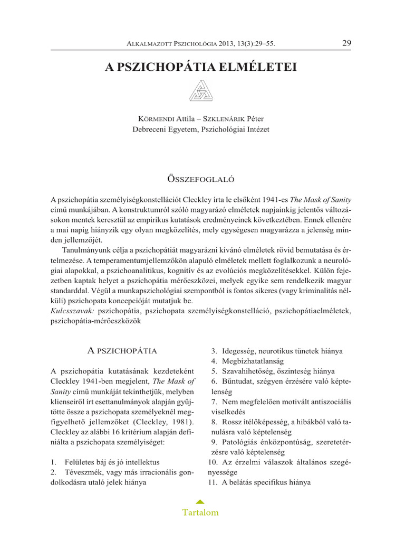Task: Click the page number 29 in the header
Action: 346,43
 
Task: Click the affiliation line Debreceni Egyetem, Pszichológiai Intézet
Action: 202,129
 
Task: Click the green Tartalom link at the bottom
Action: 200,512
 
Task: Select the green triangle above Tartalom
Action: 200,501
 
